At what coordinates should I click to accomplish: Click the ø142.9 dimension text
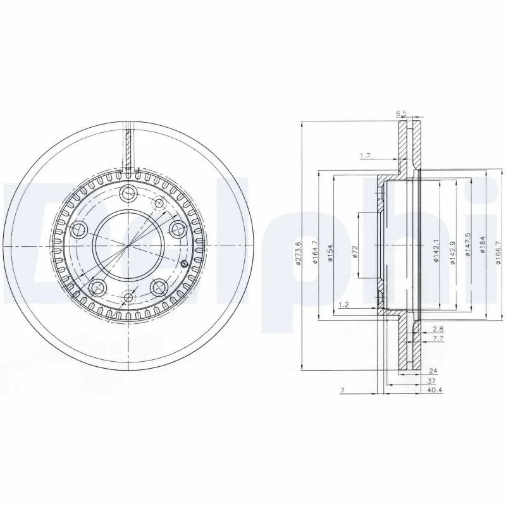(x=452, y=252)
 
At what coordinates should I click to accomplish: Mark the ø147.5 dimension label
(x=468, y=247)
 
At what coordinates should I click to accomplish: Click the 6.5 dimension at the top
(x=400, y=114)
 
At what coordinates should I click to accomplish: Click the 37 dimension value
(x=431, y=381)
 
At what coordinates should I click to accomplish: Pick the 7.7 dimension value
(x=437, y=339)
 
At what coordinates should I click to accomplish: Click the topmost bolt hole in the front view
(x=129, y=194)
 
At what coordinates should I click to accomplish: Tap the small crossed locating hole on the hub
(x=184, y=264)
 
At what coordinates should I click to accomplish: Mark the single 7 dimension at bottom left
(x=342, y=391)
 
